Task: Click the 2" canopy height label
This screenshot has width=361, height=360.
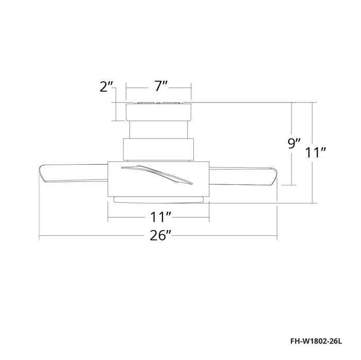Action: [106, 87]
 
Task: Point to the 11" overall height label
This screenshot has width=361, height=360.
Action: [315, 153]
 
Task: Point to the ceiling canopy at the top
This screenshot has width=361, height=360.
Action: [159, 112]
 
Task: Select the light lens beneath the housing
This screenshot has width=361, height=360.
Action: [159, 199]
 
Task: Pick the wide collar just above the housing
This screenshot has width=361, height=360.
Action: [159, 150]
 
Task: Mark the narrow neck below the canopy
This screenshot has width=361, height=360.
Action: [159, 130]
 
